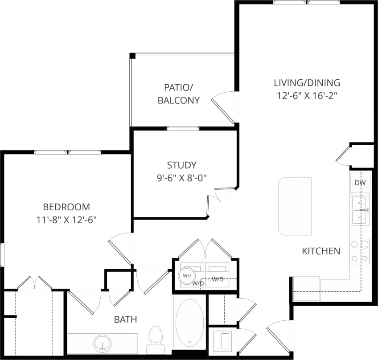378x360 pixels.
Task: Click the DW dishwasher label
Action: pyautogui.click(x=360, y=183)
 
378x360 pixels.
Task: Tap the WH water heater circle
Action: pyautogui.click(x=187, y=276)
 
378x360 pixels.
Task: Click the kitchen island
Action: pyautogui.click(x=295, y=206)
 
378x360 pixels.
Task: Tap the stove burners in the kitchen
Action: pyautogui.click(x=360, y=251)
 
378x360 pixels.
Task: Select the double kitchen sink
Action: pyautogui.click(x=360, y=210)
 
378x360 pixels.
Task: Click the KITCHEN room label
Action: pyautogui.click(x=321, y=251)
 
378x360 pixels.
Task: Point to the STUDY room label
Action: pyautogui.click(x=181, y=165)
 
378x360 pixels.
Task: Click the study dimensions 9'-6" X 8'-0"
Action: pyautogui.click(x=181, y=177)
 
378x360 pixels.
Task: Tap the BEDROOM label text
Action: pyautogui.click(x=66, y=207)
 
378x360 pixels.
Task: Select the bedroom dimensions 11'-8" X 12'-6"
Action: pyautogui.click(x=66, y=219)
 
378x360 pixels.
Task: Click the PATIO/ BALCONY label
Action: pyautogui.click(x=178, y=94)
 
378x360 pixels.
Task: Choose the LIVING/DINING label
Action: pyautogui.click(x=307, y=83)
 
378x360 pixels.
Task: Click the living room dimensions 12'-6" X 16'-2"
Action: pyautogui.click(x=307, y=95)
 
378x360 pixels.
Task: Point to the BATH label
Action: pyautogui.click(x=125, y=319)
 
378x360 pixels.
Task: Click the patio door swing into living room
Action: pyautogui.click(x=223, y=107)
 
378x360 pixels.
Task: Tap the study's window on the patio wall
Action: pyautogui.click(x=183, y=128)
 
